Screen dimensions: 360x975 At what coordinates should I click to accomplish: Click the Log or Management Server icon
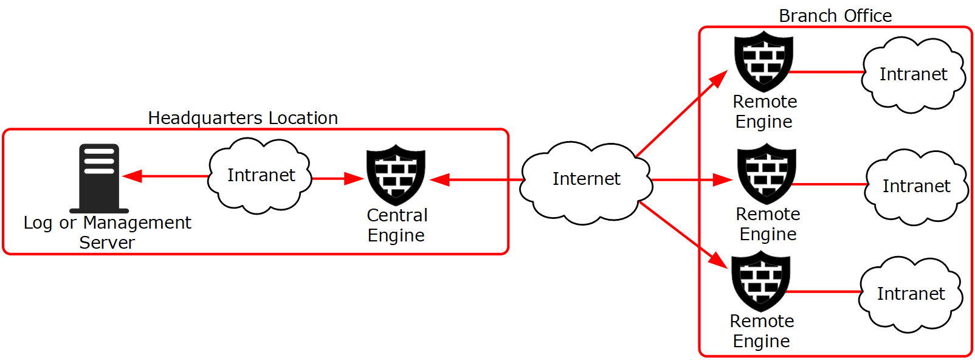point(99,178)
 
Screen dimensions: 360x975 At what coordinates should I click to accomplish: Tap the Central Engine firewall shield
point(396,175)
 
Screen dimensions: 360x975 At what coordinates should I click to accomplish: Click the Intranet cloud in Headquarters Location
point(260,176)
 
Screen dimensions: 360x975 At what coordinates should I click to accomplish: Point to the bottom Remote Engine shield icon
point(760,281)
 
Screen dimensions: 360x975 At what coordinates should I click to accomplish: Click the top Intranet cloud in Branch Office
point(913,75)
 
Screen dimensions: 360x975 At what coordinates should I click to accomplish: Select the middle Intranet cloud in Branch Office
point(916,186)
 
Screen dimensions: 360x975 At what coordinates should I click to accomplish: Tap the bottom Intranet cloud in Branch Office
point(911,294)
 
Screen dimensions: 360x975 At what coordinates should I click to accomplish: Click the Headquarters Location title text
point(243,118)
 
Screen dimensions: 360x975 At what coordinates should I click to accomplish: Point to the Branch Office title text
point(835,16)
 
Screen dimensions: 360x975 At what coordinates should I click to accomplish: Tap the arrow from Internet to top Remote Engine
point(681,114)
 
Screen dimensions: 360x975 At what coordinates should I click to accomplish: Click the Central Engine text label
point(397,225)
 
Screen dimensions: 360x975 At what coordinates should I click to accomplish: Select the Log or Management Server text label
point(107,232)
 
